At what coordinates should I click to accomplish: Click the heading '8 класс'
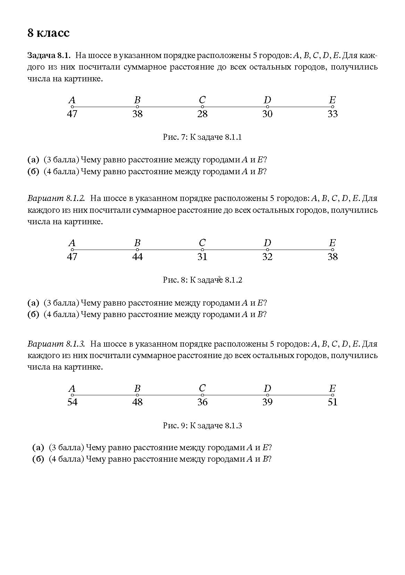click(x=49, y=33)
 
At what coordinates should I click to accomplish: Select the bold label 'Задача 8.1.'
click(x=49, y=56)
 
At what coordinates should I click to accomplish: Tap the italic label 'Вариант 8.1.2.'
click(x=56, y=199)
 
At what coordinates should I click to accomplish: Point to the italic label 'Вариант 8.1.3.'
click(x=56, y=344)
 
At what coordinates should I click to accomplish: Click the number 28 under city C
click(x=202, y=114)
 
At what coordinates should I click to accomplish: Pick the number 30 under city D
click(x=267, y=114)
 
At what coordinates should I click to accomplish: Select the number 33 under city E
click(x=333, y=114)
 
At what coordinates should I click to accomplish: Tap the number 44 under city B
click(x=138, y=257)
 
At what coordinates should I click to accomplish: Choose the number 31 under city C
click(x=202, y=257)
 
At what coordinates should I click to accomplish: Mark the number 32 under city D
click(x=267, y=257)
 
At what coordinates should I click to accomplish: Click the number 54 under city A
click(x=72, y=402)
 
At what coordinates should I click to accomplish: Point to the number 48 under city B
click(x=138, y=402)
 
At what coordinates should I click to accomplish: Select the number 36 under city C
click(x=202, y=402)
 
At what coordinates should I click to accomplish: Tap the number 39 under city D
click(x=267, y=402)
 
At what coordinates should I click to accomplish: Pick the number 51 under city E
click(x=333, y=402)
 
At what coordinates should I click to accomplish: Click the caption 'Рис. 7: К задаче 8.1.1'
click(x=202, y=137)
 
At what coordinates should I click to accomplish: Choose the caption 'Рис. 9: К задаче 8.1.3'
click(x=202, y=426)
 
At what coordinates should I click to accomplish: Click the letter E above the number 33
click(x=332, y=100)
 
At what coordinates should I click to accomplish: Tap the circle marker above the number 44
click(x=138, y=250)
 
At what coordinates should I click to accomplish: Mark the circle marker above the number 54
click(x=72, y=395)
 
